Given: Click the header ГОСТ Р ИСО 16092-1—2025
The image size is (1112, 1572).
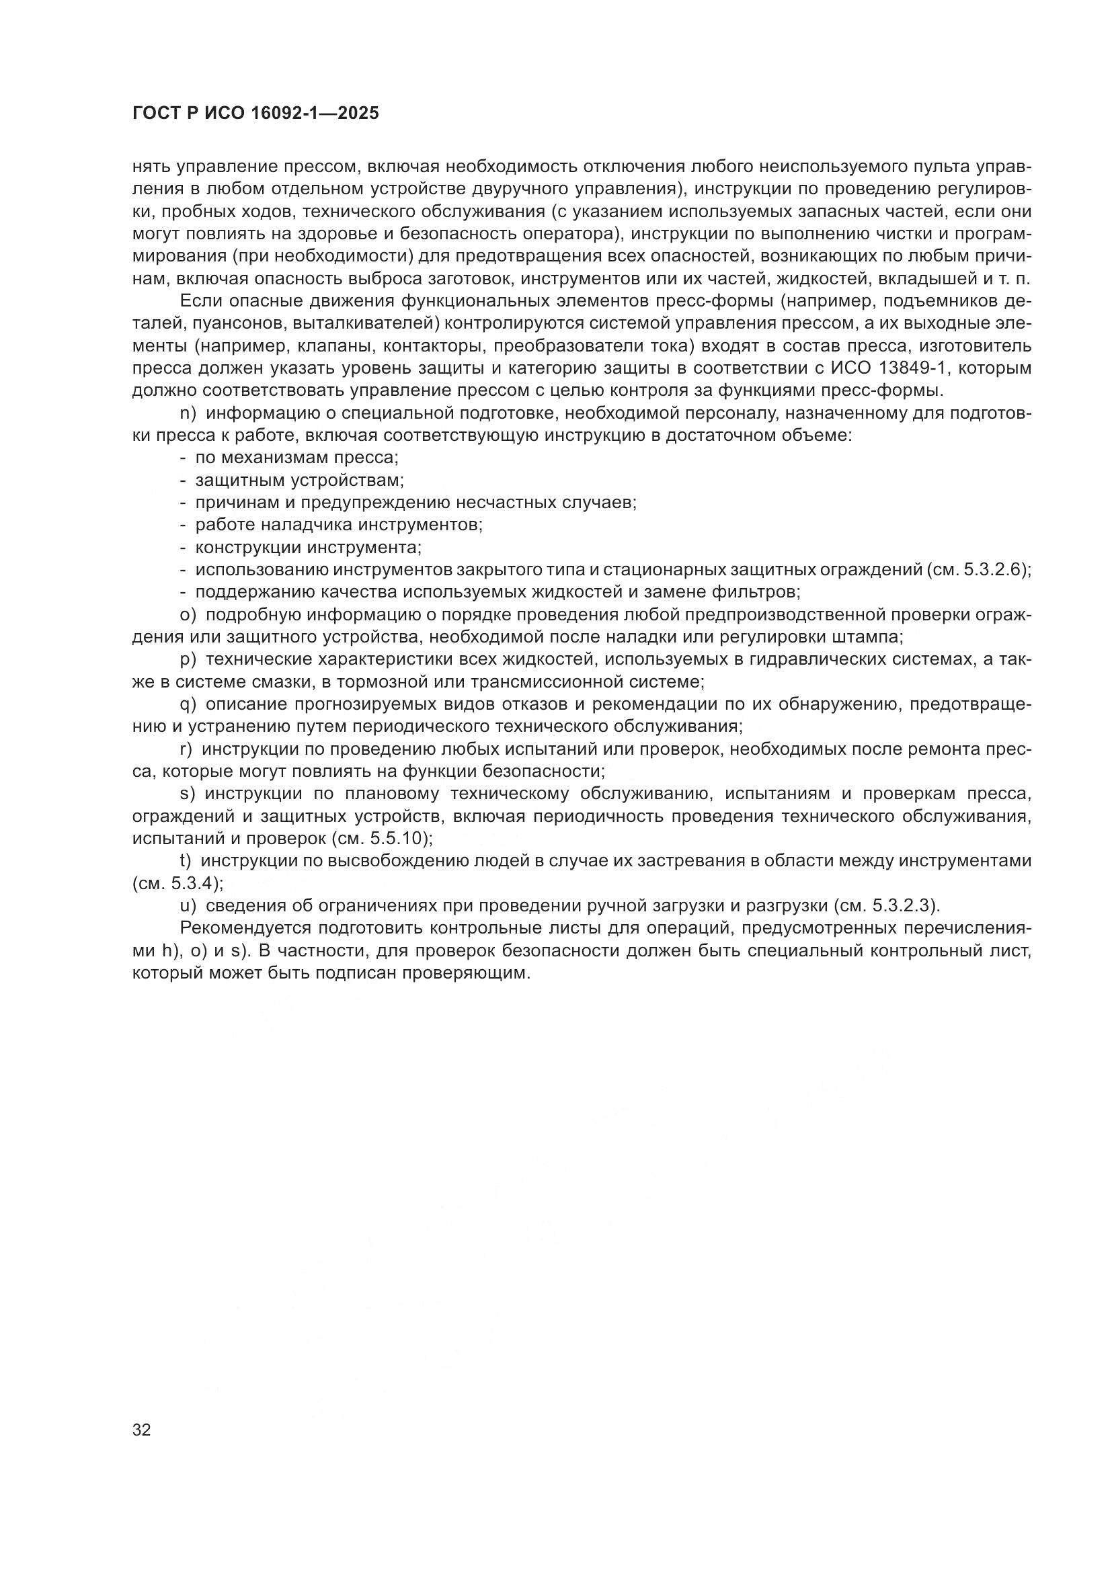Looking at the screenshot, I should (255, 114).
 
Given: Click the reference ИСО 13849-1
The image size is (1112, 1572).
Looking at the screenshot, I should (887, 368).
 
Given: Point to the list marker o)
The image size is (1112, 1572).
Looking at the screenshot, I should (188, 614).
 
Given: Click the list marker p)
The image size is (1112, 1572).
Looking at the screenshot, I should (188, 659).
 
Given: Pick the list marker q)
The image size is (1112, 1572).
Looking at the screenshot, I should (188, 704).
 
